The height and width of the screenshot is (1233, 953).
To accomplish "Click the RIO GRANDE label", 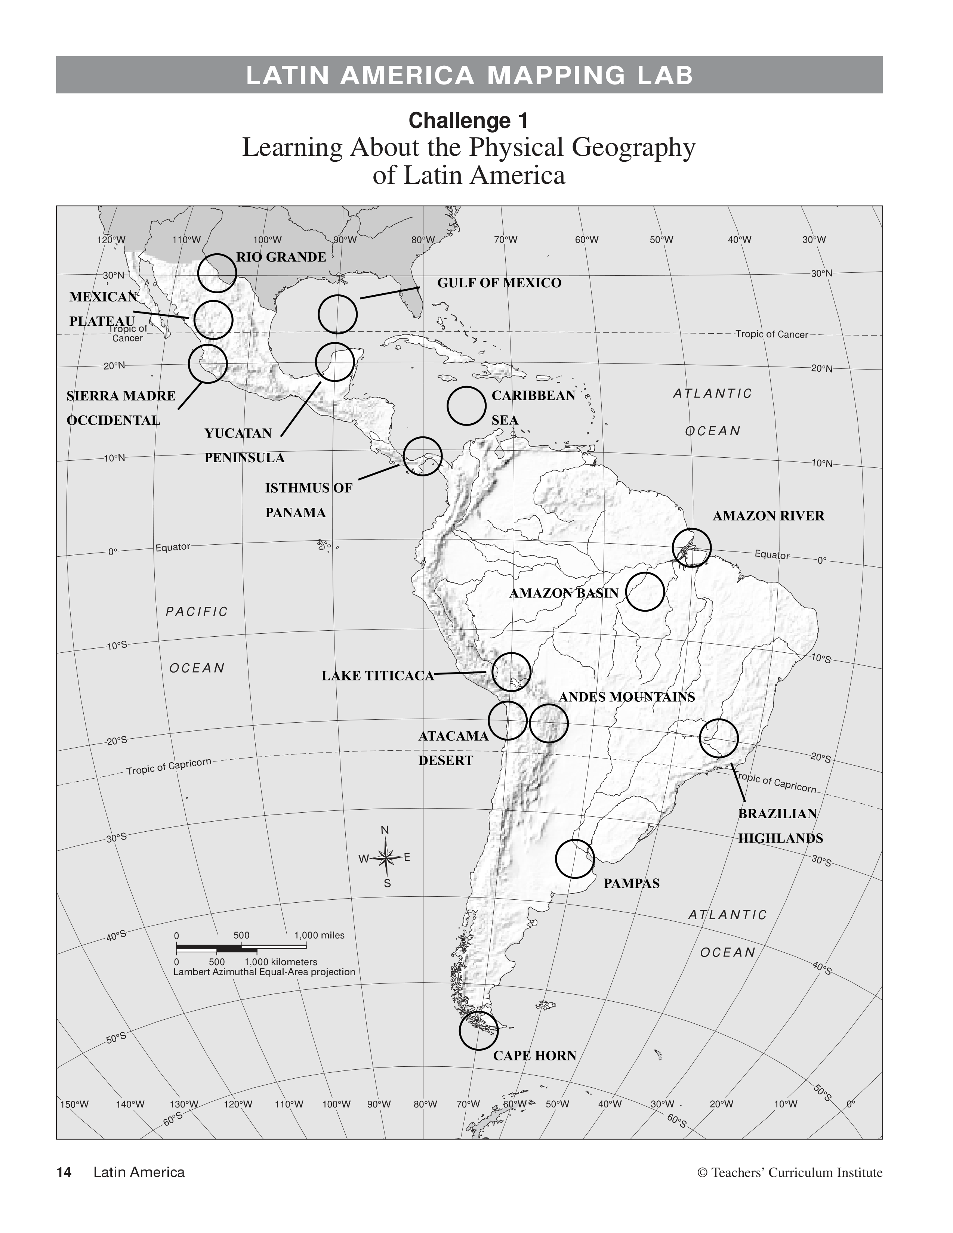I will point(281,257).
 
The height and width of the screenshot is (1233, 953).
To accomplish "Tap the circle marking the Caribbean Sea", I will point(466,405).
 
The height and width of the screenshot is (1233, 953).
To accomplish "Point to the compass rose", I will point(386,858).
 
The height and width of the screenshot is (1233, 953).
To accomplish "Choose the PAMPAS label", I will point(631,884).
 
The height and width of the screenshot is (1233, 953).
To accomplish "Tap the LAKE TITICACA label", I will point(378,676).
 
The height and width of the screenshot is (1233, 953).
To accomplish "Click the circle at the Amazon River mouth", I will point(692,548).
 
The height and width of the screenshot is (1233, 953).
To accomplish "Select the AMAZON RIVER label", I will point(768,516).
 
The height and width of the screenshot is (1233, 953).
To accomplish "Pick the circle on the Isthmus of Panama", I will point(423,456).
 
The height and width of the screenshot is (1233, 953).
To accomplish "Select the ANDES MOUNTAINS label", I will point(627,697).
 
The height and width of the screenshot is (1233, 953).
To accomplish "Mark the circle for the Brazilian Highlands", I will point(719,738).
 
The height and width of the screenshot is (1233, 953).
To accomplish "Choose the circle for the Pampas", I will point(575,859).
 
